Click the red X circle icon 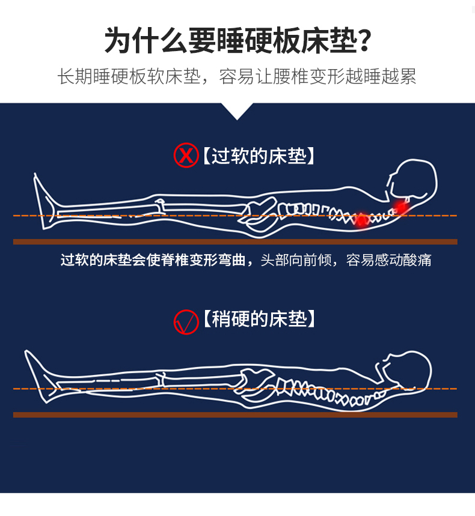186,155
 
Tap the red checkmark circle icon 186,322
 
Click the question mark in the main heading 364,41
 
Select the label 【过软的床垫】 259,156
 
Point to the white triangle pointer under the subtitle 237,111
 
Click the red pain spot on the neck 401,207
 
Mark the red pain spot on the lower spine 361,220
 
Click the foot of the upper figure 44,201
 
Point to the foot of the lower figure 38,376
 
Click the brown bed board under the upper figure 235,242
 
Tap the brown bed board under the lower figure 235,415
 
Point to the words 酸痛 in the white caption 417,260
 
